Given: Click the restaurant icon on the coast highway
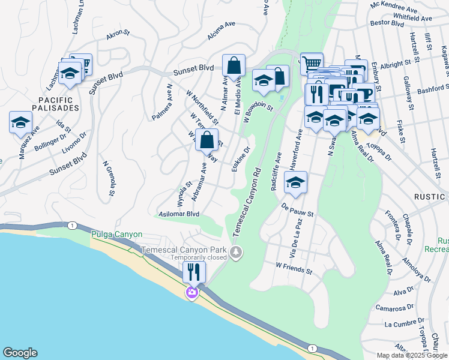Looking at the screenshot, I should (x=194, y=272).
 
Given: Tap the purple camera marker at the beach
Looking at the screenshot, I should (x=192, y=293).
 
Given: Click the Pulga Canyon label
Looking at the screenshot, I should (x=117, y=235).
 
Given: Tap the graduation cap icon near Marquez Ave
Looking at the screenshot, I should (x=20, y=123).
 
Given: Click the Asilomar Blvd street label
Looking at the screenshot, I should (x=178, y=214).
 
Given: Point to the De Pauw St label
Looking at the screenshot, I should (x=298, y=209).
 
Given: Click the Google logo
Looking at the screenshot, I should (x=20, y=353).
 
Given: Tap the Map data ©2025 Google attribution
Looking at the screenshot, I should (x=412, y=355).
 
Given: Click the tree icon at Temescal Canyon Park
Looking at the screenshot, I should (x=237, y=252).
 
